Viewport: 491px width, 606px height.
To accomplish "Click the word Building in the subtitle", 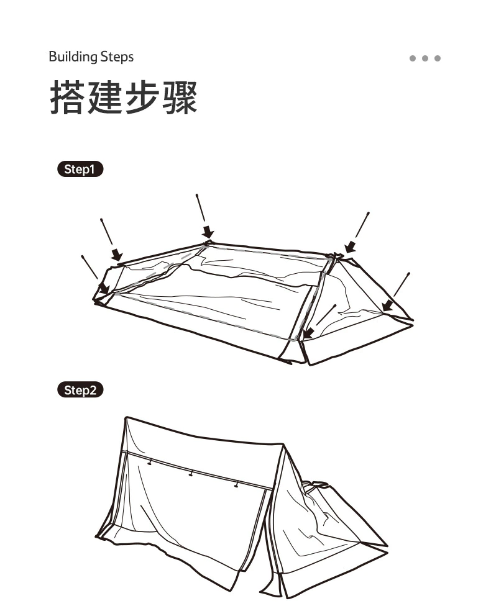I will [x=73, y=58].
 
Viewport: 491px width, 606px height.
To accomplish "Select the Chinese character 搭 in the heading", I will [x=68, y=98].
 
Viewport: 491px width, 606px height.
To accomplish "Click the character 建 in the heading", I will [x=105, y=98].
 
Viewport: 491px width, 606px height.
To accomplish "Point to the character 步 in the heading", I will [x=142, y=98].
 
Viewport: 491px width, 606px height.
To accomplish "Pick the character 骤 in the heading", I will [x=180, y=98].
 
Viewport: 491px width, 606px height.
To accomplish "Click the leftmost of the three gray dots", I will [x=413, y=58].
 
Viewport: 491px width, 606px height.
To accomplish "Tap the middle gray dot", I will [x=425, y=58].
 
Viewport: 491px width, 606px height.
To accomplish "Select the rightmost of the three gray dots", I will [x=438, y=58].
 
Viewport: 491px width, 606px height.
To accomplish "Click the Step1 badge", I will [x=80, y=170].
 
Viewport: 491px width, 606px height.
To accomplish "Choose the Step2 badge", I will [x=80, y=391].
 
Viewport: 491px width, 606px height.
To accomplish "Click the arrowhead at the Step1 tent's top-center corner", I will [x=208, y=233].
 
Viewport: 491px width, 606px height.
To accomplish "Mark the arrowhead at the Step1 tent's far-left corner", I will [x=104, y=288].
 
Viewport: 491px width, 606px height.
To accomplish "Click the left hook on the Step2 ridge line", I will [x=150, y=462].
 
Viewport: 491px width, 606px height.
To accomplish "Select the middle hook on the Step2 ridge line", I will [x=191, y=474].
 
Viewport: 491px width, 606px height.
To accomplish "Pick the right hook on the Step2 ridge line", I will [x=236, y=484].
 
